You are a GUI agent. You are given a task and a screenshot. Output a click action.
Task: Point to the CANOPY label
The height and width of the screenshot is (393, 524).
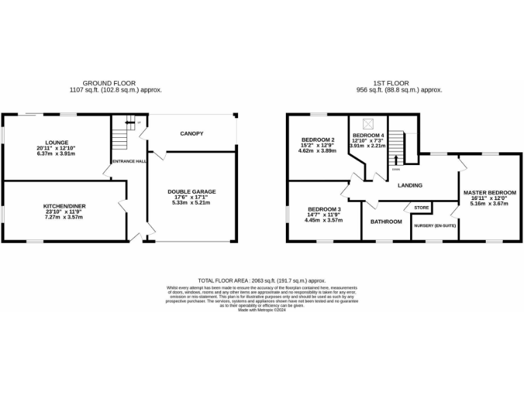point(192,134)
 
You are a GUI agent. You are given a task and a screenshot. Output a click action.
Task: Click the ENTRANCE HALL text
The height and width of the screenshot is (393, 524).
point(130,161)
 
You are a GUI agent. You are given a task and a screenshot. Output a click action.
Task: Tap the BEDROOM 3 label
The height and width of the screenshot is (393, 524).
point(324,209)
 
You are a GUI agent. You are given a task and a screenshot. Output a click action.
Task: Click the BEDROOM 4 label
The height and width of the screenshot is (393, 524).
point(368,135)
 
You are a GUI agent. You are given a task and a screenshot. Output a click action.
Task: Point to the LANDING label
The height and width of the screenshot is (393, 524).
point(410,185)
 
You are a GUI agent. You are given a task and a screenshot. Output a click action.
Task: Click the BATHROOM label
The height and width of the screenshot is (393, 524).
point(386,222)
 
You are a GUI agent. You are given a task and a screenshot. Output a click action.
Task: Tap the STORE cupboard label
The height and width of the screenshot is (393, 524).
point(421,207)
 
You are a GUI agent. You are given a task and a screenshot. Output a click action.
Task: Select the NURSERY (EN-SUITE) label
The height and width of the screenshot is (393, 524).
point(435,224)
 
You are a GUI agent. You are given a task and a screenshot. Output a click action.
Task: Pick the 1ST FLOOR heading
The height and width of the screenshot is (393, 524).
point(399,82)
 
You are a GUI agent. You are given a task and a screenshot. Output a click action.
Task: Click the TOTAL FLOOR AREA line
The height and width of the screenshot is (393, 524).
point(261,280)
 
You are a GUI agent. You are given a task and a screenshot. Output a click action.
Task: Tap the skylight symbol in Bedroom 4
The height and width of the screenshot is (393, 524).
point(369,123)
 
